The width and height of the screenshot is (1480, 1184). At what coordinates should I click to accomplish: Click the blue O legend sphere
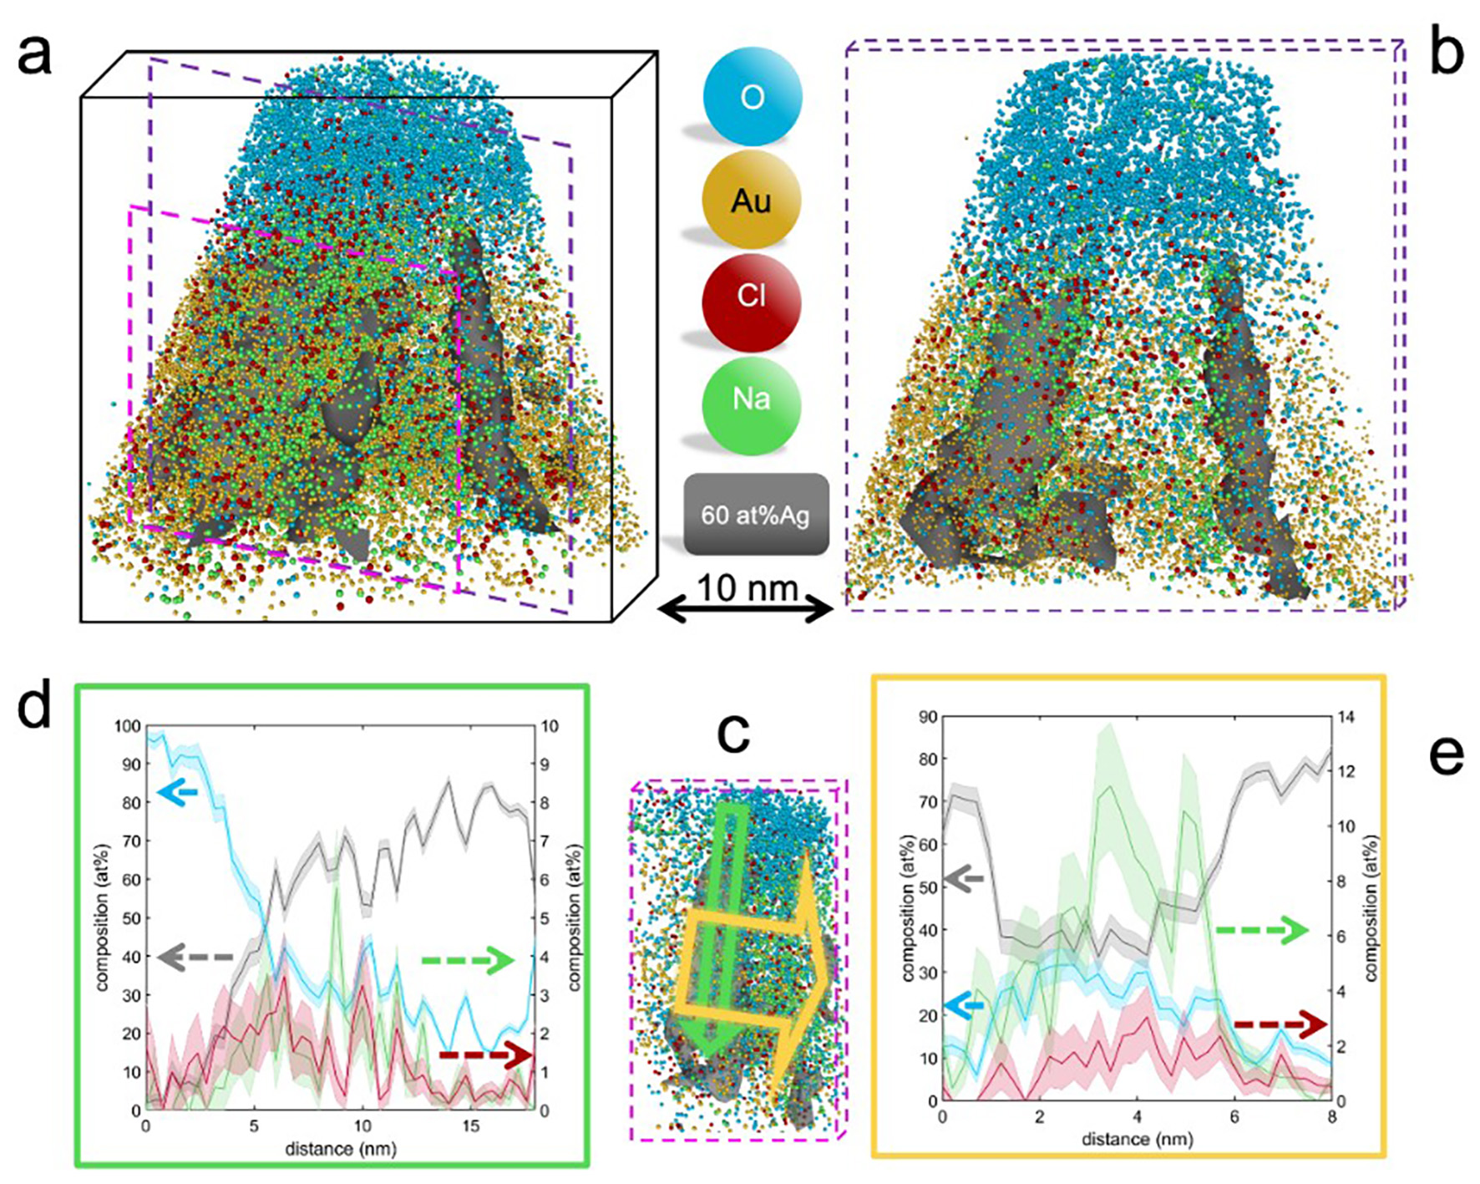752,97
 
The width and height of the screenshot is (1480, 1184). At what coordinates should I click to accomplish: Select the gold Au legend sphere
752,200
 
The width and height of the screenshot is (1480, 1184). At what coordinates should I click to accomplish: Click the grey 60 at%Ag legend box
756,515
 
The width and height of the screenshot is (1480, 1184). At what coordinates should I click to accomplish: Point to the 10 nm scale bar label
747,588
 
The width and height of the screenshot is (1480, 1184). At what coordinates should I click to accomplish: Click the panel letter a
35,56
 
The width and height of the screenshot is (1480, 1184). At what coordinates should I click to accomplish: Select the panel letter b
1446,52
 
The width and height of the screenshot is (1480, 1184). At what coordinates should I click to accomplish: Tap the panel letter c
733,733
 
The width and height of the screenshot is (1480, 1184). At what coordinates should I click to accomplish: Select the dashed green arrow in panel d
468,961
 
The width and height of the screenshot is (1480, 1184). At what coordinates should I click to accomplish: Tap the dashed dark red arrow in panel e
1280,1024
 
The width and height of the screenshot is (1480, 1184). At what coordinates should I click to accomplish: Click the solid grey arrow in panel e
964,879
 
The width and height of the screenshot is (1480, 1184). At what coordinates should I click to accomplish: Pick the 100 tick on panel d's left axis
127,726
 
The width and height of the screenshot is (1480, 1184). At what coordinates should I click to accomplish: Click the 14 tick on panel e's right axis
1346,717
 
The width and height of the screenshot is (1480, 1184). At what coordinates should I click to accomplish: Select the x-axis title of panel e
1137,1139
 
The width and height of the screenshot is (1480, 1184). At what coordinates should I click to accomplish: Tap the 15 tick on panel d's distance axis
471,1126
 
